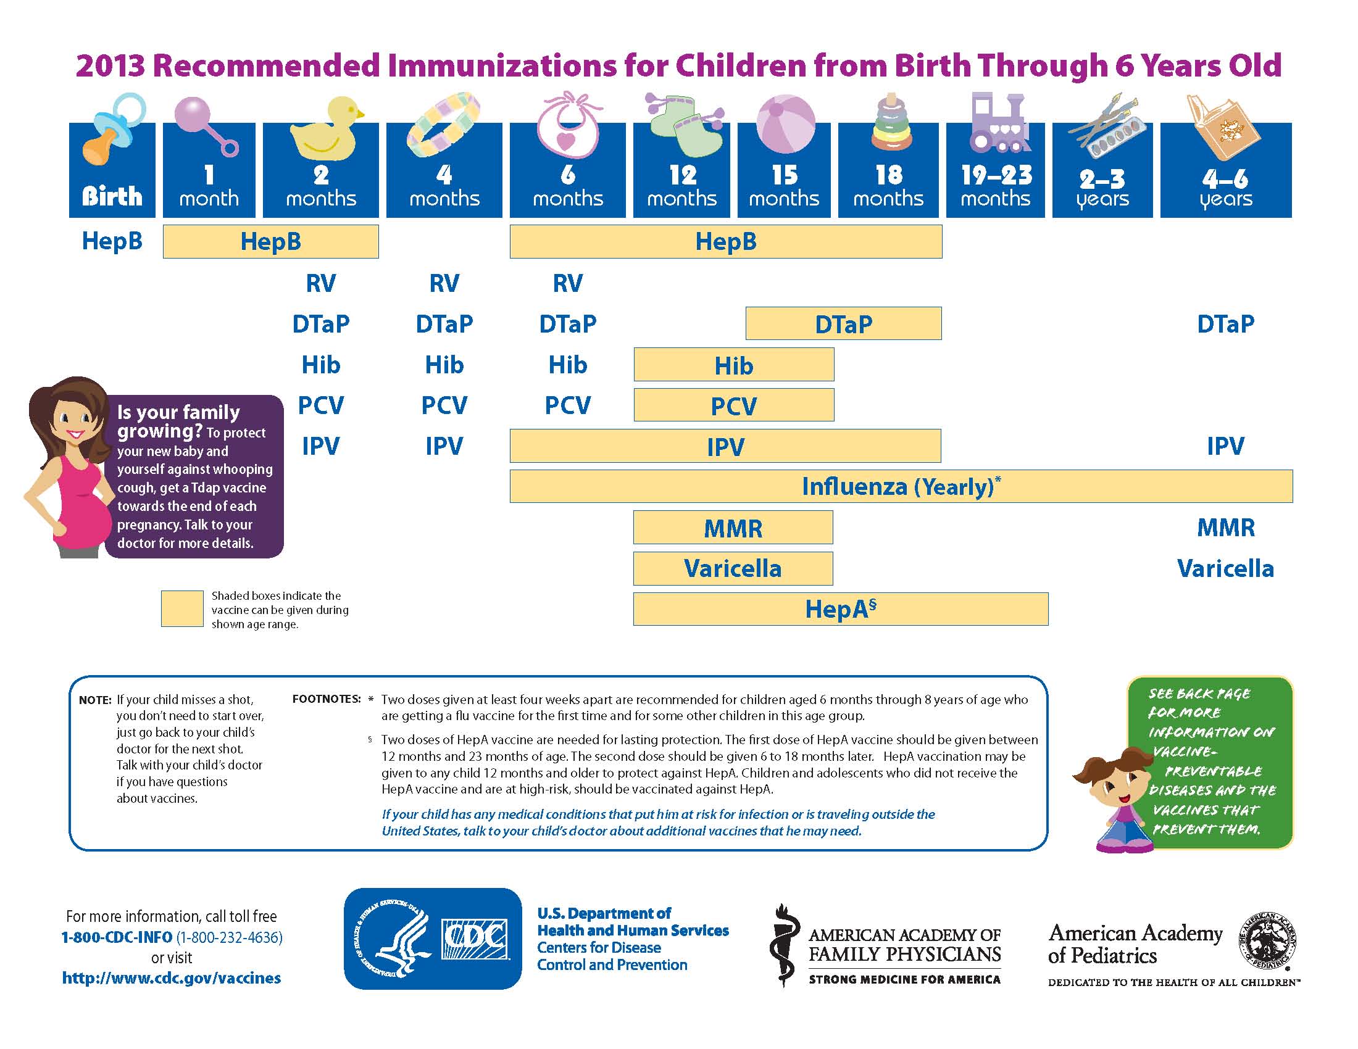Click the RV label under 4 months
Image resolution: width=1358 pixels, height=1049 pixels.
pyautogui.click(x=444, y=283)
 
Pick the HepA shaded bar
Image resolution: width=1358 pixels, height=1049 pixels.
pyautogui.click(x=841, y=609)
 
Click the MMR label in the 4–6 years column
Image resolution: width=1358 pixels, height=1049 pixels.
pyautogui.click(x=1225, y=528)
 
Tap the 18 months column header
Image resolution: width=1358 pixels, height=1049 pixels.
pyautogui.click(x=888, y=170)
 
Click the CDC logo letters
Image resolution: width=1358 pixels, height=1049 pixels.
pyautogui.click(x=475, y=939)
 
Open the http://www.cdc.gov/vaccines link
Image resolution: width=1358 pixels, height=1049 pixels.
pyautogui.click(x=172, y=978)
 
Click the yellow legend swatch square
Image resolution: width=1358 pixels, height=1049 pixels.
pyautogui.click(x=182, y=608)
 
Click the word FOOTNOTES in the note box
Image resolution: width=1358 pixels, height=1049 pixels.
pyautogui.click(x=327, y=699)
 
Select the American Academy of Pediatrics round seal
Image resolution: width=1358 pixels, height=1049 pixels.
pyautogui.click(x=1269, y=940)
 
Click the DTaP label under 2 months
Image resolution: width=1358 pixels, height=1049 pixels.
pyautogui.click(x=321, y=324)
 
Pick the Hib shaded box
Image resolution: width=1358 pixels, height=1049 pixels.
pyautogui.click(x=734, y=365)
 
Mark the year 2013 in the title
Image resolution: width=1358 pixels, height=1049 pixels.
pyautogui.click(x=110, y=66)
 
